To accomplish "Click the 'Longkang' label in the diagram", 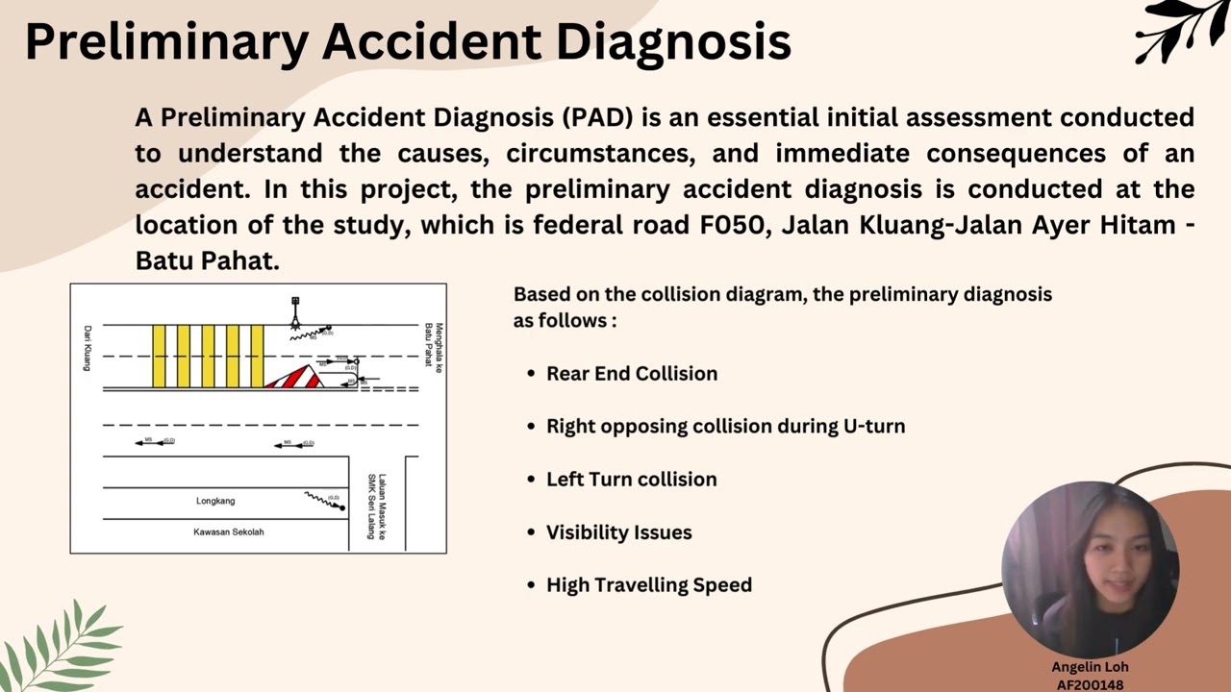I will coord(215,501).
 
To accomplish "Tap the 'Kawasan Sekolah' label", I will coord(228,531).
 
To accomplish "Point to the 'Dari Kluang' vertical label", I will coord(87,348).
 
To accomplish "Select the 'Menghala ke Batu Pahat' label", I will coord(434,345).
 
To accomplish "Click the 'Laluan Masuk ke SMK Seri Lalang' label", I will coord(376,507).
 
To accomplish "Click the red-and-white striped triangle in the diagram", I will coord(294,378).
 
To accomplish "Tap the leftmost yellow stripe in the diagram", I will coord(159,357).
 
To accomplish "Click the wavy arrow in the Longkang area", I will coord(325,500).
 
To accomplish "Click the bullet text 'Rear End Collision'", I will coord(632,374).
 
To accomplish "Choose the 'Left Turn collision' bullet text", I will coord(631,480).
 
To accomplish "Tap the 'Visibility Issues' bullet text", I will coord(618,532).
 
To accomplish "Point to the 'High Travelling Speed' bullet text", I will coord(649,585).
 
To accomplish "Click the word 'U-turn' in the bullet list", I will coord(874,427).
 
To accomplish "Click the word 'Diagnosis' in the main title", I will coord(673,42).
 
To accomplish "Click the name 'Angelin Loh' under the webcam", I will coord(1090,667).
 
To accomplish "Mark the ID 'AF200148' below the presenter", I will coord(1090,685).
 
